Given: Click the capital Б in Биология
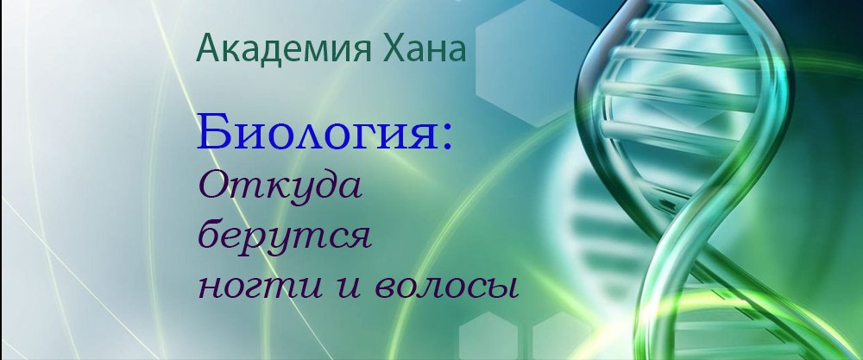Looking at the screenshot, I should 211,135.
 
